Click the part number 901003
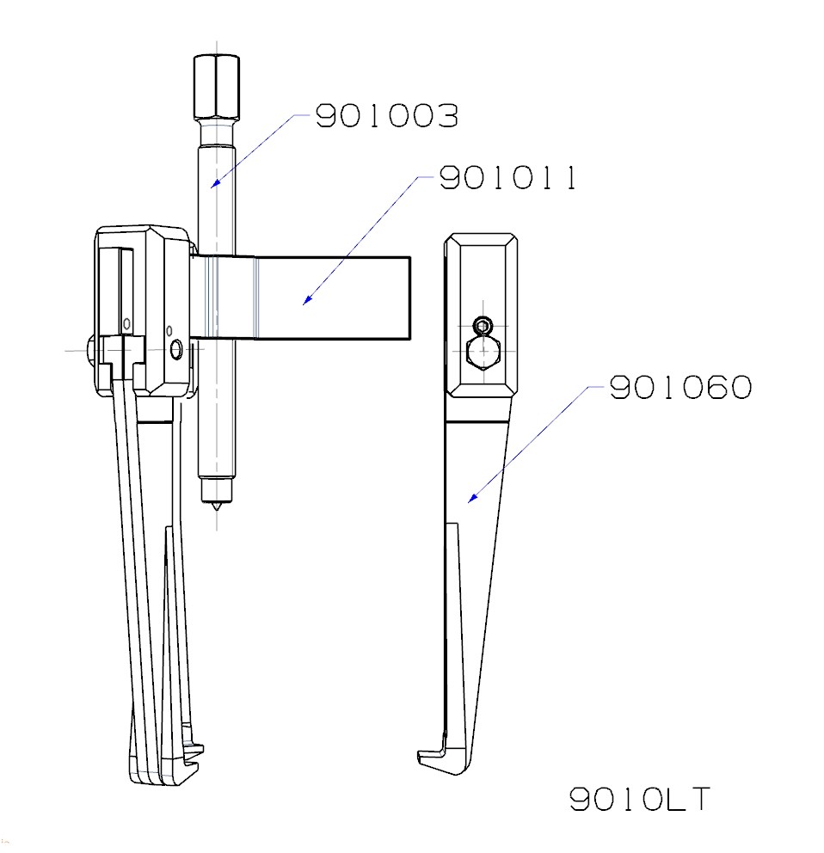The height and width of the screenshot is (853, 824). [x=386, y=115]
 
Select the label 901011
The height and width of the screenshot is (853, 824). [x=507, y=178]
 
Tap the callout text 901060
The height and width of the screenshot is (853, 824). [x=680, y=388]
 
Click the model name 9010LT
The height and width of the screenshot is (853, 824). [x=641, y=800]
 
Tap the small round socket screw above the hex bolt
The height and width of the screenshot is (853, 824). [x=484, y=326]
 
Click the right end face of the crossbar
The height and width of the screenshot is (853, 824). [x=409, y=298]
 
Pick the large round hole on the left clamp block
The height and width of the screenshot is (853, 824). [x=177, y=350]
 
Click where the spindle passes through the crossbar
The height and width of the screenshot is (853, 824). [x=216, y=298]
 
